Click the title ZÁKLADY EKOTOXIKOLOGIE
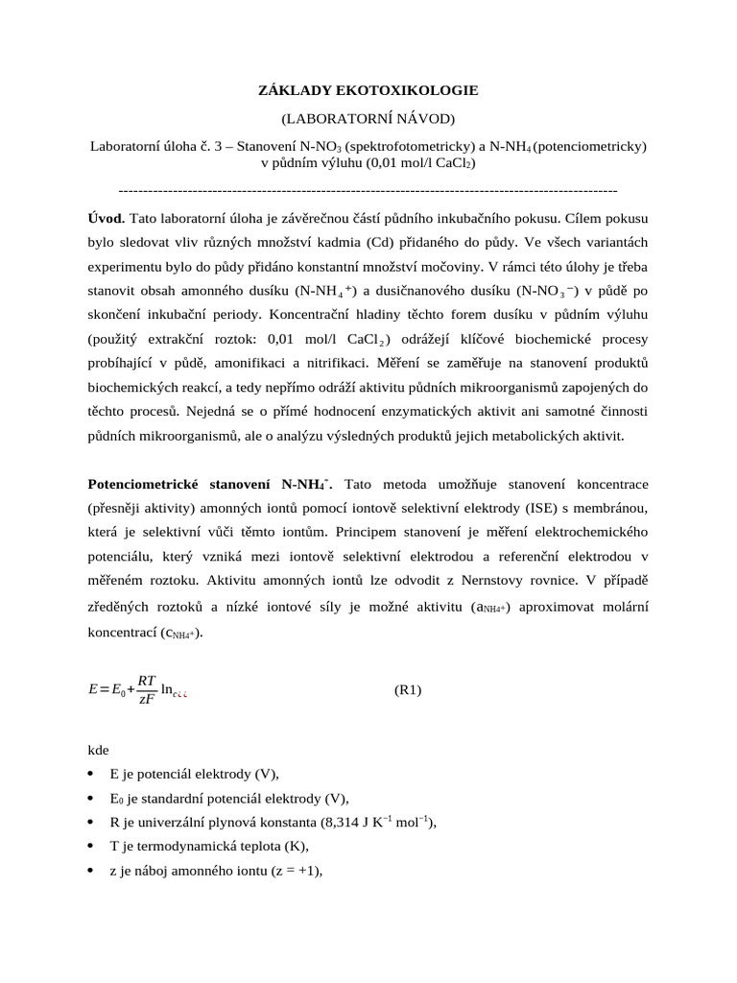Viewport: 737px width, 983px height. pos(368,90)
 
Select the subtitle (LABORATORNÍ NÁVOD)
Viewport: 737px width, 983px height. pos(368,118)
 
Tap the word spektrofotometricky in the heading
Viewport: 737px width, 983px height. pos(410,147)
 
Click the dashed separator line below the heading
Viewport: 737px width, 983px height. pos(368,190)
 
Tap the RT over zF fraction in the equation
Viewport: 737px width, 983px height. pos(147,690)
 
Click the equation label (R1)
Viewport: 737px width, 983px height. pos(408,690)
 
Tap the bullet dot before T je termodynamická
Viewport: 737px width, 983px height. pos(92,847)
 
